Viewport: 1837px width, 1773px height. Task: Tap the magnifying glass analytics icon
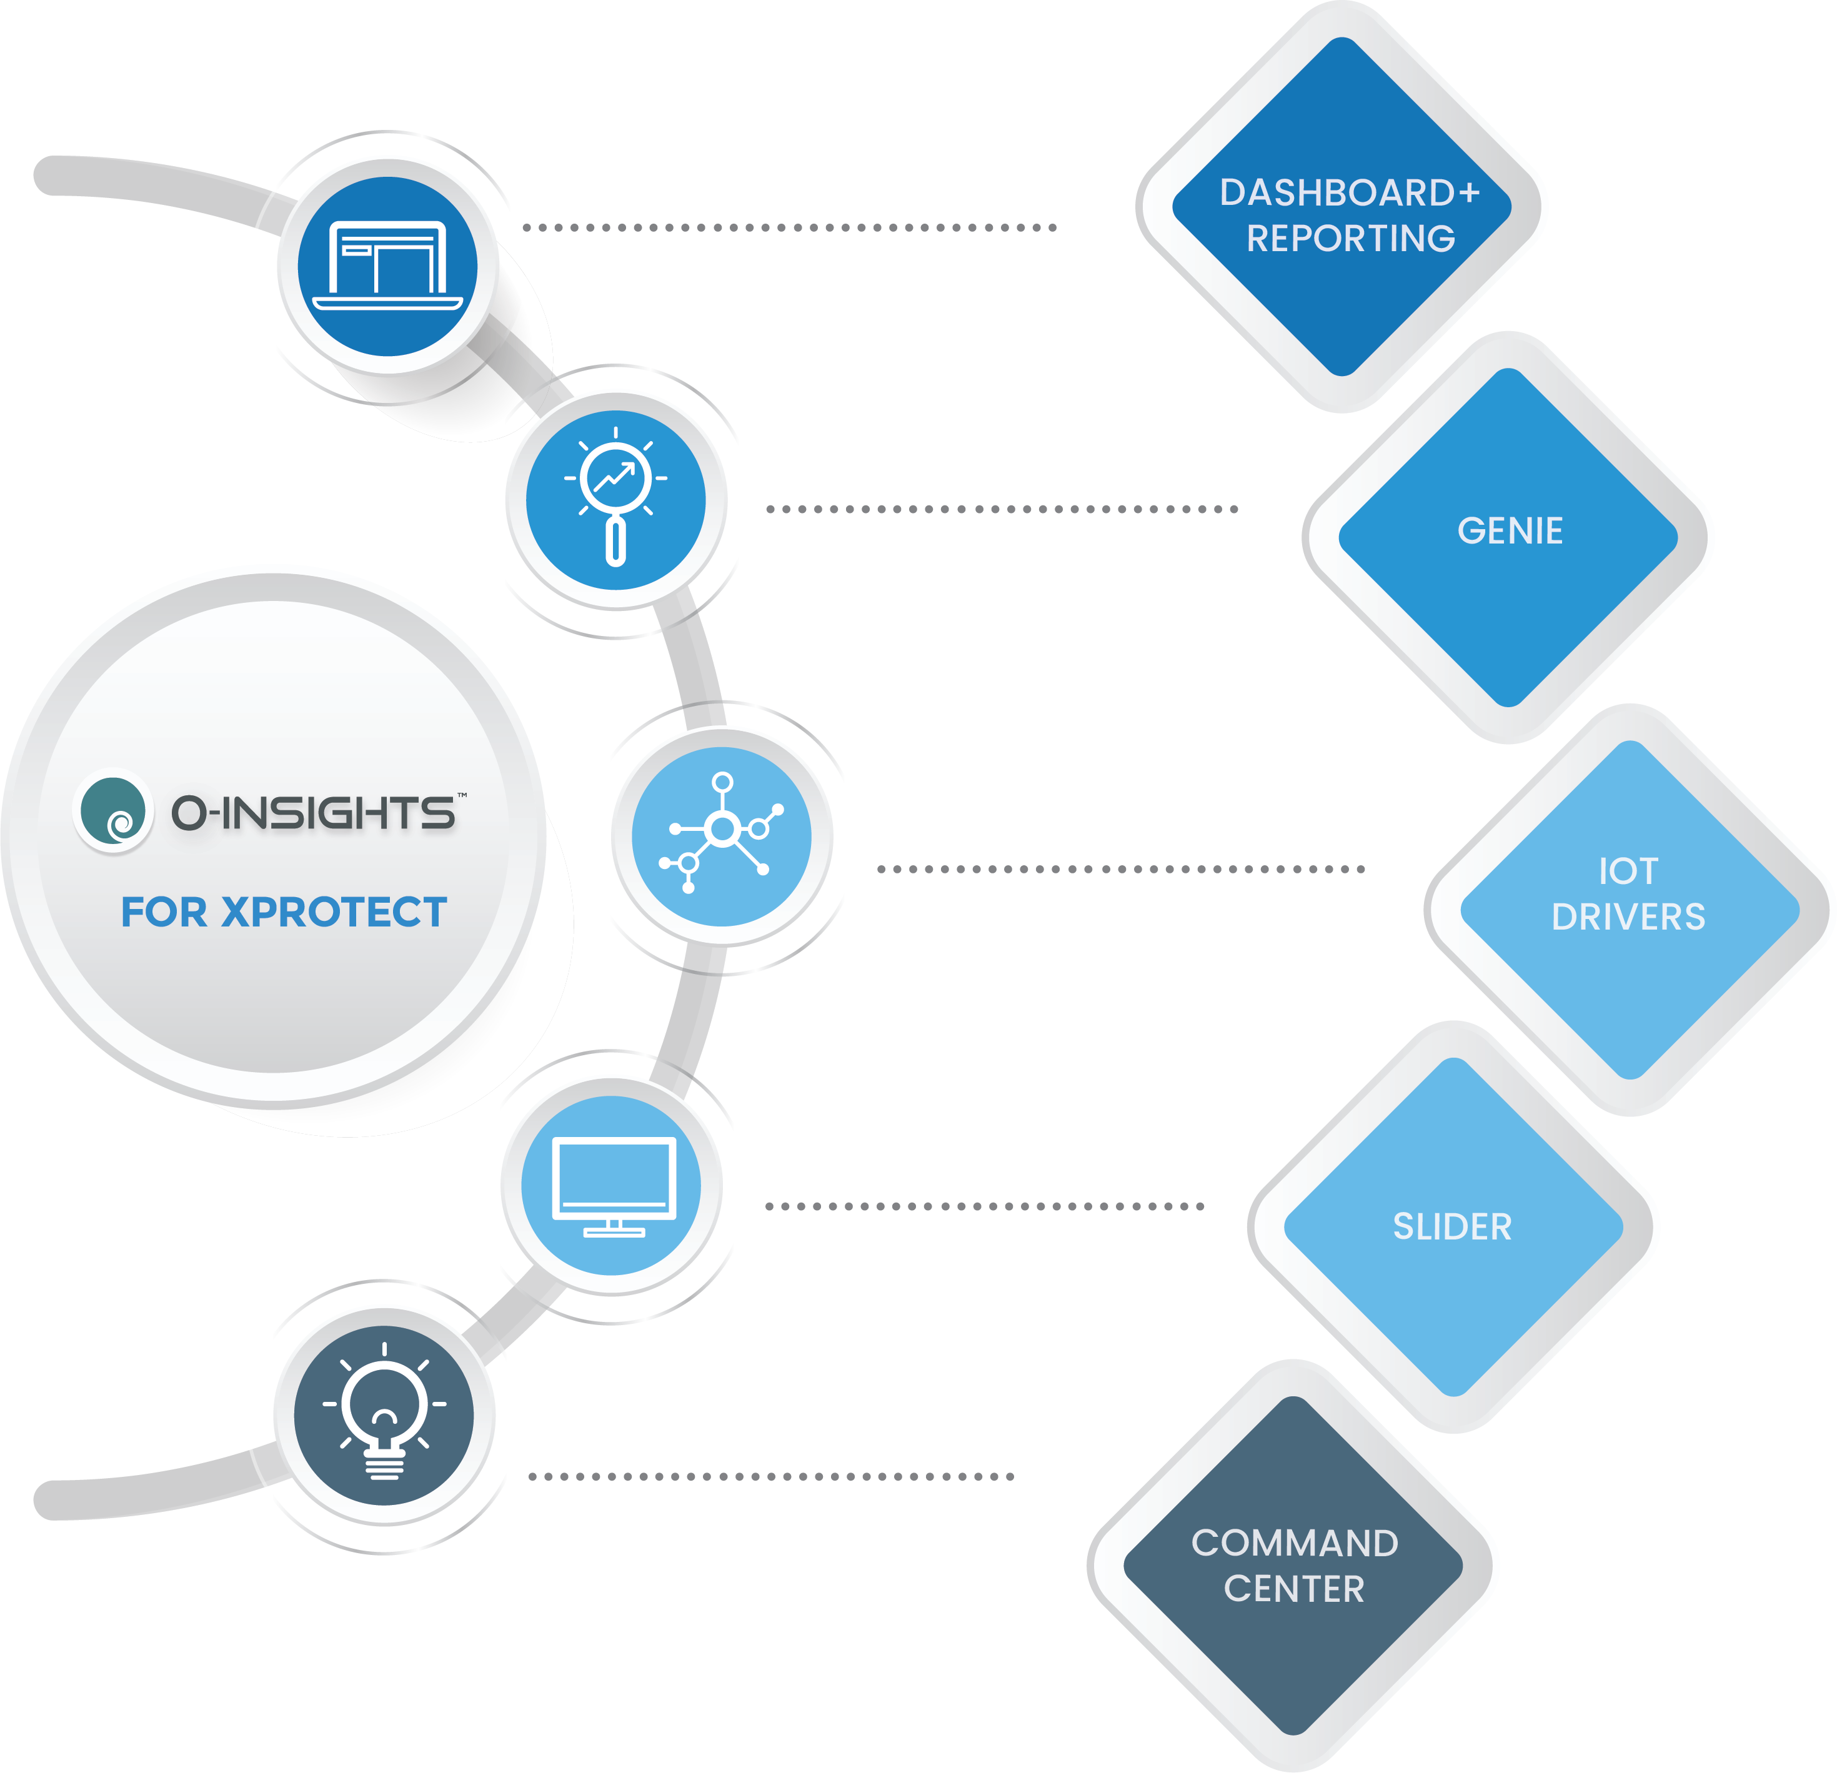point(616,500)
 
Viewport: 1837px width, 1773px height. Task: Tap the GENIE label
point(1510,531)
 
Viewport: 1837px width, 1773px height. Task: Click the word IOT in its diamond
point(1628,872)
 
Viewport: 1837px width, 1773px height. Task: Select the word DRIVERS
point(1628,917)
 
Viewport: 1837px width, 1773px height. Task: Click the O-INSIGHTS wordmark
point(314,812)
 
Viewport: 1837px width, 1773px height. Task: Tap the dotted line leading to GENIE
point(1001,509)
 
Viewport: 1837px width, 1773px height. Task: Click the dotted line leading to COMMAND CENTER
point(770,1477)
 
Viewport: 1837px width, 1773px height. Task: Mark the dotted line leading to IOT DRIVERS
point(1120,868)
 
